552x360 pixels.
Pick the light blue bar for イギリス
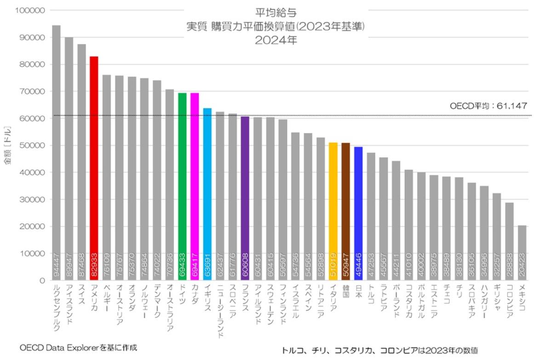207,194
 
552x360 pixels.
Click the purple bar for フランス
245,198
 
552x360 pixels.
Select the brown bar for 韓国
345,211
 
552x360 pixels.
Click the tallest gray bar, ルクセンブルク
56,152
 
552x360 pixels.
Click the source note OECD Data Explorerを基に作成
78,347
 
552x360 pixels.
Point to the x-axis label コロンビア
509,302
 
